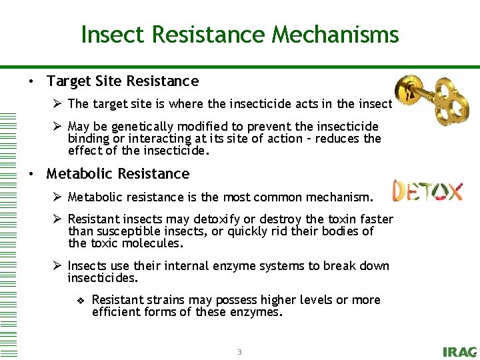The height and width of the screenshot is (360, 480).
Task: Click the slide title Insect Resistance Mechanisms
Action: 240,34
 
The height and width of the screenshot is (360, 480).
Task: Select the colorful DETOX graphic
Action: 427,191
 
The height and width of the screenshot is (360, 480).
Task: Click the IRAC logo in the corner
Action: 459,352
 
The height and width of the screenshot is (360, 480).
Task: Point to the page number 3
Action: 239,351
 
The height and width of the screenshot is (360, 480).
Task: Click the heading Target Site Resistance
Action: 122,81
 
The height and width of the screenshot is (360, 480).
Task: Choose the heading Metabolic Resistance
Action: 117,174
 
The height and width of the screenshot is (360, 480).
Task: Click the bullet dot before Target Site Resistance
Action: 31,82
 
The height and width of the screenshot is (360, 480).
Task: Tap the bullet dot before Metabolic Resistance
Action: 31,175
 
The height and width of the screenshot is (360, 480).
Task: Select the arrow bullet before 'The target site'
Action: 58,103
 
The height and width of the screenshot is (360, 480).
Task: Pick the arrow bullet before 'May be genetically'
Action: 58,127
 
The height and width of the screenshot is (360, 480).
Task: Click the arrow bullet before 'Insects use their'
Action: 58,266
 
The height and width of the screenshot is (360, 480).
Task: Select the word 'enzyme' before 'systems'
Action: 247,266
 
